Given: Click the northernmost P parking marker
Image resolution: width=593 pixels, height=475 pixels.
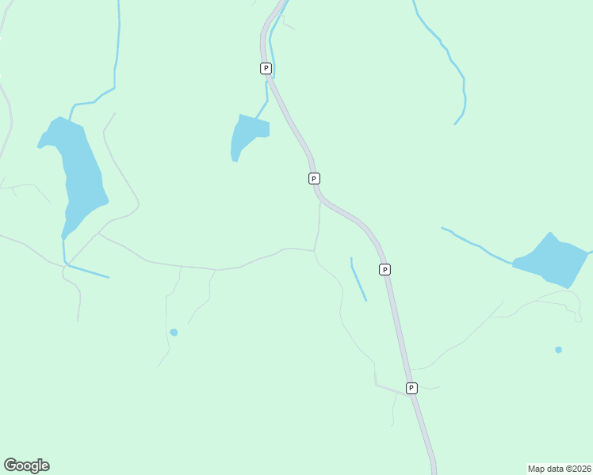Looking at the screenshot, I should pos(266,68).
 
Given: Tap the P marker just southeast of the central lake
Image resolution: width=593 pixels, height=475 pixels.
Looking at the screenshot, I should pos(314,178).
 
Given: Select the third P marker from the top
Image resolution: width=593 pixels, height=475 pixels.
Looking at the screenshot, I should pos(384,269).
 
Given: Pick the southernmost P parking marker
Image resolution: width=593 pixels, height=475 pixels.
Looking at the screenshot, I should pos(411,388).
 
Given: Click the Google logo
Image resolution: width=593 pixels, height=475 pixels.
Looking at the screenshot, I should pos(27,465).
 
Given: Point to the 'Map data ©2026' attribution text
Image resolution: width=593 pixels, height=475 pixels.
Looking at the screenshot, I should pos(559,469).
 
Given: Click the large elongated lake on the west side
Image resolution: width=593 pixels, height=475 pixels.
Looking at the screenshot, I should pos(79,174).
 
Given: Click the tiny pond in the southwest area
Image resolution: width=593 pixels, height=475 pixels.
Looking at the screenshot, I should pos(174,332).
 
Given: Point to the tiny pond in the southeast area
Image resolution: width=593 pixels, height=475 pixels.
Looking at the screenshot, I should pos(558,349).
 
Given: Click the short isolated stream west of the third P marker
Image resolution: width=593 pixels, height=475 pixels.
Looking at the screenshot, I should pos(358,279).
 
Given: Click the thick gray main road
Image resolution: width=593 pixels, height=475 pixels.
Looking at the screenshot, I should pos(400,332).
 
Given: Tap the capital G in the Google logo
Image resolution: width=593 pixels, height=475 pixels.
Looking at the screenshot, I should pos(10,465).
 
